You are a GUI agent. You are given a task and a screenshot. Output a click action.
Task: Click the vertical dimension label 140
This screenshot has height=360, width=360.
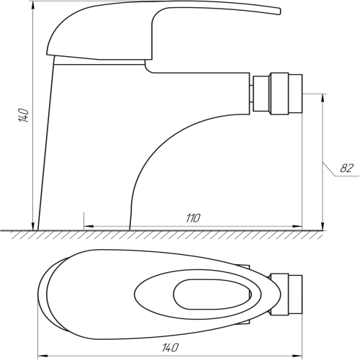pos(24,115)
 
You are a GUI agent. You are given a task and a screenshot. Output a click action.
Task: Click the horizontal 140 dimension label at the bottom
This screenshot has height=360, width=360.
pos(171,348)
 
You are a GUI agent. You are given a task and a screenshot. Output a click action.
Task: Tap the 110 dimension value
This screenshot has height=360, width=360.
pos(193,218)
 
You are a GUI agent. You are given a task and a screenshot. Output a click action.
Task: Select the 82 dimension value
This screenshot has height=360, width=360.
pos(347,168)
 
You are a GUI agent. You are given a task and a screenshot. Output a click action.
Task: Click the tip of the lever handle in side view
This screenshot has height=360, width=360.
pos(280,12)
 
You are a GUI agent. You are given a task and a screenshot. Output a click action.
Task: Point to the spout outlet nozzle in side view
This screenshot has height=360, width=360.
pos(278,93)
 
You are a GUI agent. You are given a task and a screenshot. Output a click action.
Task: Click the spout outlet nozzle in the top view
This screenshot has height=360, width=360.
pos(286,294)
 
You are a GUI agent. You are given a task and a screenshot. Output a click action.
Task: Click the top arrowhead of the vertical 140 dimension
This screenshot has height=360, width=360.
pos(33,5)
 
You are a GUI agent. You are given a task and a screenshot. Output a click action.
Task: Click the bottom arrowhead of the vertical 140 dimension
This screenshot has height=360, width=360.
pos(33,226)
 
